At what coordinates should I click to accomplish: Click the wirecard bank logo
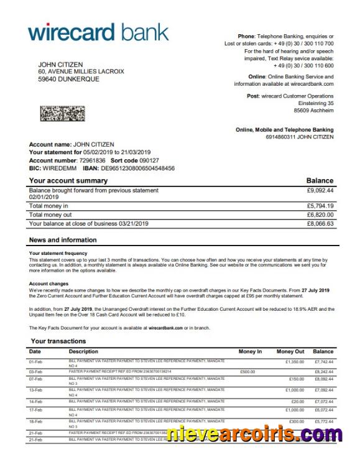98,31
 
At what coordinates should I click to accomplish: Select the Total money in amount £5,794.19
320,206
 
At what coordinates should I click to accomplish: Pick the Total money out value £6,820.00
320,214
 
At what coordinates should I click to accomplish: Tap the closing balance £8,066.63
320,223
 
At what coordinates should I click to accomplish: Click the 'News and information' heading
63,239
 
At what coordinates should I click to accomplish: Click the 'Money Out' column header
290,352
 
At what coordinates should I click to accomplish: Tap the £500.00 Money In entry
248,371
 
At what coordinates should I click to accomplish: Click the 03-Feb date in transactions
35,371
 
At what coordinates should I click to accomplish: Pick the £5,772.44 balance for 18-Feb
323,421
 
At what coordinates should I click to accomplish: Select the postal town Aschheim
321,111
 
